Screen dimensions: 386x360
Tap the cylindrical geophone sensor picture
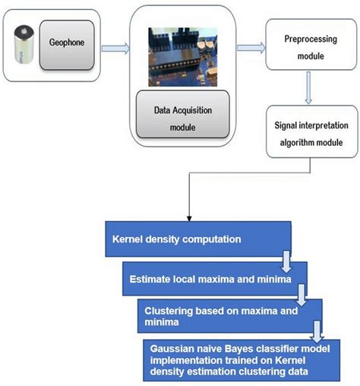point(24,46)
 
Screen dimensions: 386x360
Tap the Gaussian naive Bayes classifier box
point(239,357)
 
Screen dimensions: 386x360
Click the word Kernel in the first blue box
point(127,239)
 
